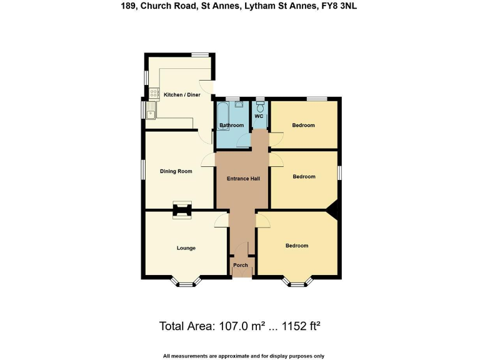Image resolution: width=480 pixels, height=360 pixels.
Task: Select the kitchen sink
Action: pyautogui.click(x=152, y=113)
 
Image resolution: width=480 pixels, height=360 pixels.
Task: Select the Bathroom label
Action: pyautogui.click(x=231, y=126)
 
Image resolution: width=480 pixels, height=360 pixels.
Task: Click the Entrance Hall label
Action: pyautogui.click(x=243, y=179)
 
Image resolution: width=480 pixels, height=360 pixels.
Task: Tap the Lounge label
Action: pyautogui.click(x=186, y=248)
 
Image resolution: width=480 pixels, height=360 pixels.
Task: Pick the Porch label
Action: pyautogui.click(x=241, y=265)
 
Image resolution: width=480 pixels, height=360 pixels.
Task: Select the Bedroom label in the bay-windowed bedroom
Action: pyautogui.click(x=297, y=246)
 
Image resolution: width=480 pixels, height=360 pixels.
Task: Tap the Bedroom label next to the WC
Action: pyautogui.click(x=304, y=126)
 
